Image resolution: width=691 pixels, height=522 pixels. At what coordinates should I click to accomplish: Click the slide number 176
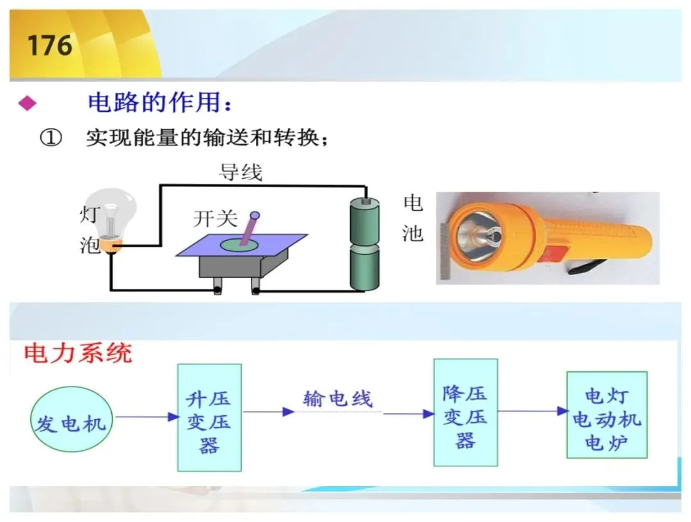(50, 45)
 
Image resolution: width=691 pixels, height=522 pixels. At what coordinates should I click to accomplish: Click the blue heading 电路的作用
(154, 103)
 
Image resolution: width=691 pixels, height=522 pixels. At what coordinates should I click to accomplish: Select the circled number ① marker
(51, 138)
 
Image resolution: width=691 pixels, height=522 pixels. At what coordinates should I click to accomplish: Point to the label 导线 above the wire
(241, 172)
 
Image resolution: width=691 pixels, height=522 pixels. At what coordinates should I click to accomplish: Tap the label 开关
(215, 219)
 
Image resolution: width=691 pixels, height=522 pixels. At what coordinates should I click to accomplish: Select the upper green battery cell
(365, 222)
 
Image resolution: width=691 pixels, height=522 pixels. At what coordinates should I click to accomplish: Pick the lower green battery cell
(365, 269)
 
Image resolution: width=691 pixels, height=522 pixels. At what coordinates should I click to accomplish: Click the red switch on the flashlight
(555, 254)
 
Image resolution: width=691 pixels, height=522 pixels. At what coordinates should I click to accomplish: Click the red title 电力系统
(78, 353)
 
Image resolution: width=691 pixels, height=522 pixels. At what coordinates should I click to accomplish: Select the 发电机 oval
(71, 419)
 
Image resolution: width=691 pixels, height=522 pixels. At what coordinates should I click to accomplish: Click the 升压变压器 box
(209, 418)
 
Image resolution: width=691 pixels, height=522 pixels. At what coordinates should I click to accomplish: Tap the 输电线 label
(338, 399)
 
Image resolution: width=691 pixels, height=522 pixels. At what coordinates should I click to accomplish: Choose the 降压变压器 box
(466, 412)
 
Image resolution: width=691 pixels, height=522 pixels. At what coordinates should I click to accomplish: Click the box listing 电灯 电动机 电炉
(607, 415)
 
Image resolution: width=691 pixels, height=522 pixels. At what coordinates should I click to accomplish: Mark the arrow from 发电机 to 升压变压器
(147, 417)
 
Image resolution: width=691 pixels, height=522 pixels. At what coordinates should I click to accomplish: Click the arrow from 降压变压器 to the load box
(533, 411)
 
